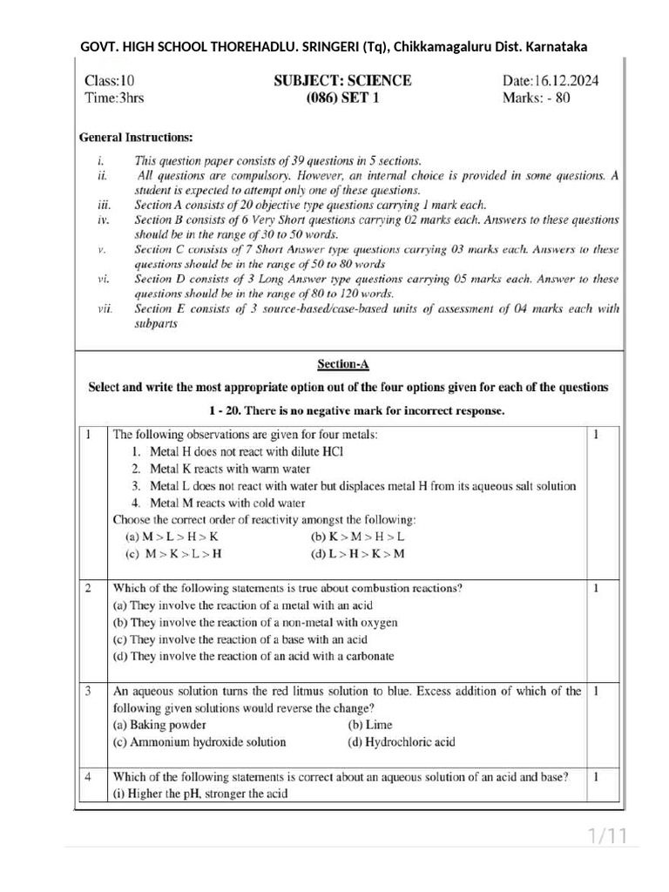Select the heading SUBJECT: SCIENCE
point(342,81)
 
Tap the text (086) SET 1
point(342,98)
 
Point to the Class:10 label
point(110,81)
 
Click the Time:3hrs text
point(114,98)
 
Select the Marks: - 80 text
point(537,98)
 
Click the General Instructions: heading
point(136,138)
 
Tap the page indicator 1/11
point(607,837)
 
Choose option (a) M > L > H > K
point(166,537)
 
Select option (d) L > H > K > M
point(357,553)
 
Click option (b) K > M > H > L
point(357,537)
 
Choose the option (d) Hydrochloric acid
point(401,742)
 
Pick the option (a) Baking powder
point(160,725)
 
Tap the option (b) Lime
point(369,725)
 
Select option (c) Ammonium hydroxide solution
point(199,742)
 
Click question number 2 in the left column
point(89,588)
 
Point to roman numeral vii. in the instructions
point(105,308)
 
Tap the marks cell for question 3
point(595,691)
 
